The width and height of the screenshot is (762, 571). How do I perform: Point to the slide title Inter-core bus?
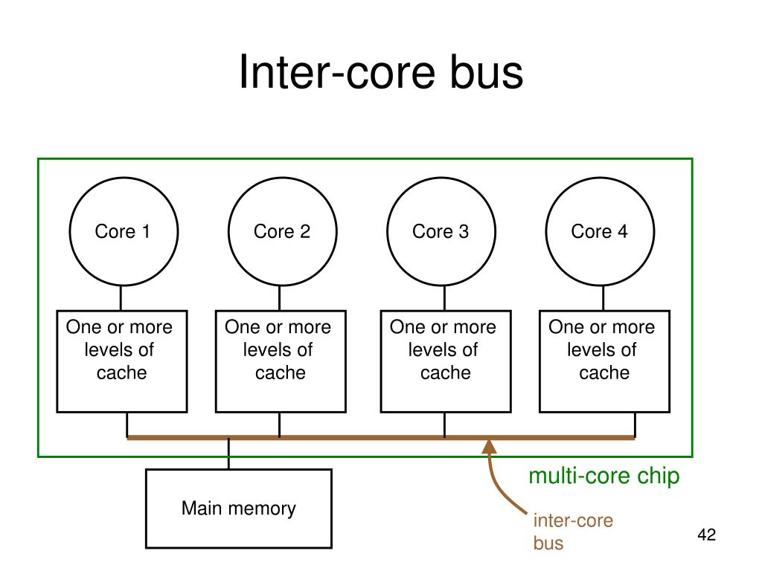coord(381,72)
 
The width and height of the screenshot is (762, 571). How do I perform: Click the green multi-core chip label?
coord(604,476)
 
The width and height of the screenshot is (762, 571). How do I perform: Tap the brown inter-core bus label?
coord(573,532)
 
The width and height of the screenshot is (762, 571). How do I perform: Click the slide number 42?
coord(707,535)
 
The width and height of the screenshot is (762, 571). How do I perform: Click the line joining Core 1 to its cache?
coord(121,298)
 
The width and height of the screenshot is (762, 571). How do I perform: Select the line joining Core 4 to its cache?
coord(603,298)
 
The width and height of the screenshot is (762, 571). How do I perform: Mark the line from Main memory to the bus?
coord(228,454)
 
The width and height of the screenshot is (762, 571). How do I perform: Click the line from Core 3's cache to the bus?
coord(445,425)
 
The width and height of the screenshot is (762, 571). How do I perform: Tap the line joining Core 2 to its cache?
coord(280,298)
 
